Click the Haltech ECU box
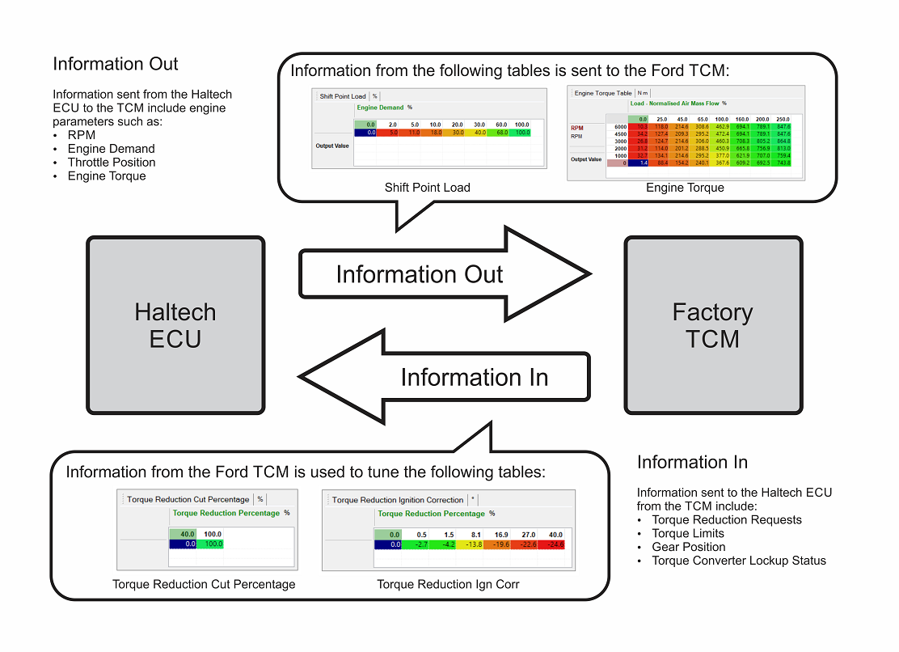[175, 325]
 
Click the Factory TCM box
[713, 325]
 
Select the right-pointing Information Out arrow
[437, 274]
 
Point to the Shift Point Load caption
[428, 188]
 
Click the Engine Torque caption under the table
[685, 188]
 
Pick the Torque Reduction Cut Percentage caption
[204, 584]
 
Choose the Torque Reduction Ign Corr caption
[448, 584]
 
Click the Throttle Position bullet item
[112, 162]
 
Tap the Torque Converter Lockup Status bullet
[739, 561]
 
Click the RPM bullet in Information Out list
[82, 135]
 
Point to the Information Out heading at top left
[116, 64]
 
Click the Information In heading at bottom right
[692, 463]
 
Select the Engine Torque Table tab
[603, 93]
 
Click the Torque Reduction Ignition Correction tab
[398, 500]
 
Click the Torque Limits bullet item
[688, 533]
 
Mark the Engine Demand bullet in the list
[111, 149]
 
